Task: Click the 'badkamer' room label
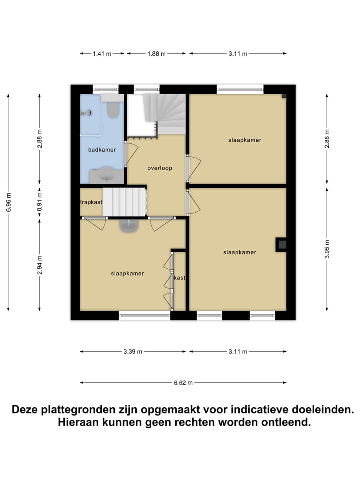[x=102, y=149]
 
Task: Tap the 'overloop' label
[x=159, y=168]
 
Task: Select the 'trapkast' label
[x=91, y=202]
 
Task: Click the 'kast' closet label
[x=180, y=278]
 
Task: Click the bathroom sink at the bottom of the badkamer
[x=106, y=175]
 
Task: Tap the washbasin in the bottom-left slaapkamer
[x=129, y=226]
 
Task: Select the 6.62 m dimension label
[x=183, y=383]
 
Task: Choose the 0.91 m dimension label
[x=40, y=202]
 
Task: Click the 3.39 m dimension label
[x=133, y=352]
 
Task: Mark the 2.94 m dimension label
[x=40, y=265]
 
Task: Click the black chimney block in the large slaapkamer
[x=281, y=244]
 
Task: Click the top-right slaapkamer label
[x=245, y=140]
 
